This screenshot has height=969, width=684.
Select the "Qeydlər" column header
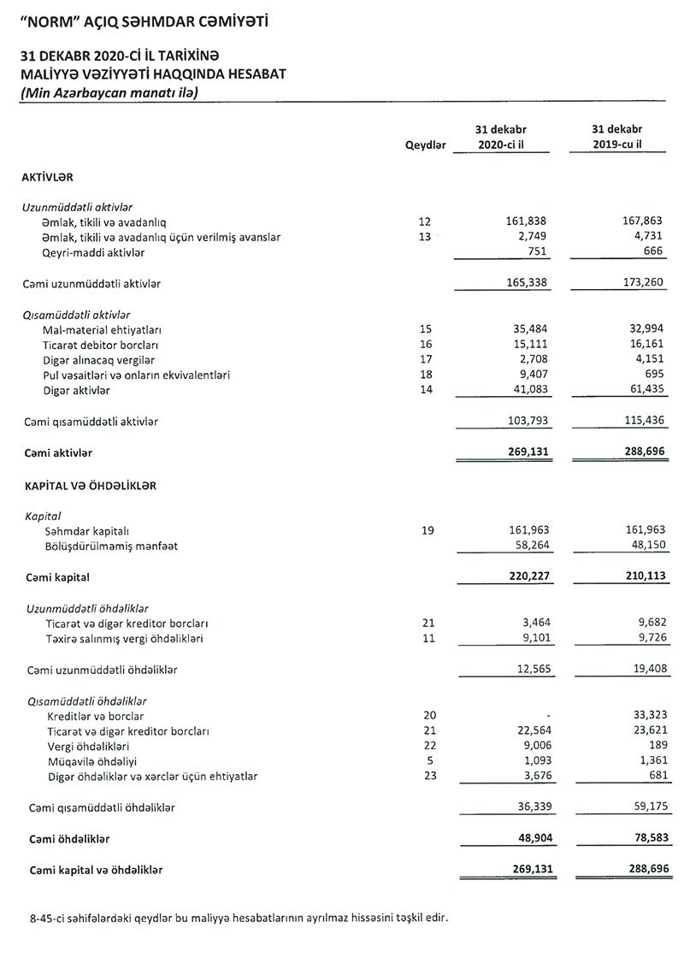click(426, 145)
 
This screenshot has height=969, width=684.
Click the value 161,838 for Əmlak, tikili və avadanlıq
click(526, 222)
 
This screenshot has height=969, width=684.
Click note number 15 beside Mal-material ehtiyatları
click(426, 329)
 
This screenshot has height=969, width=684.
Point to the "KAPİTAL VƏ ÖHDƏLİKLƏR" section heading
click(89, 486)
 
